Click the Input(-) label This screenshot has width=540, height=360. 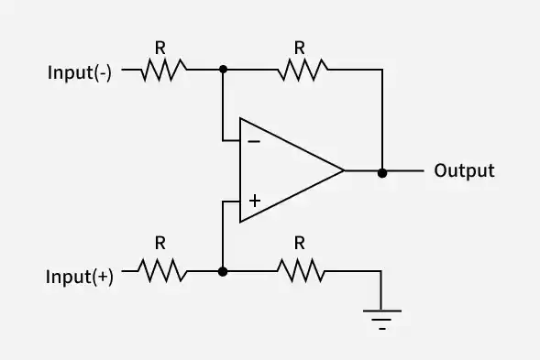(80, 74)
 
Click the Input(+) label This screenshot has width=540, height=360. (81, 278)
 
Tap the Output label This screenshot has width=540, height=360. (464, 170)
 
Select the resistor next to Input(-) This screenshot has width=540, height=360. (164, 69)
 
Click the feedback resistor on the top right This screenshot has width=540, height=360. (303, 69)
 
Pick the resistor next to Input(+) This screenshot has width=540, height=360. (164, 271)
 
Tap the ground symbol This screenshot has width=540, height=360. (380, 315)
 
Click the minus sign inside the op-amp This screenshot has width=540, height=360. (254, 142)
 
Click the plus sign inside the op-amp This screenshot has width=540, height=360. (254, 199)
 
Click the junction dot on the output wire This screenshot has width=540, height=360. (381, 171)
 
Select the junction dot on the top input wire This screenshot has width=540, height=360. (223, 69)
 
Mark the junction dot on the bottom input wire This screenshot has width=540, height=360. (223, 271)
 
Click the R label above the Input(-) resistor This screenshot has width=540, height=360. (161, 45)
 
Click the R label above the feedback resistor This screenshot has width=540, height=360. (299, 45)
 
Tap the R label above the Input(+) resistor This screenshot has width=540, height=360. (161, 245)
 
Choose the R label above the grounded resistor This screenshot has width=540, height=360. (299, 245)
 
